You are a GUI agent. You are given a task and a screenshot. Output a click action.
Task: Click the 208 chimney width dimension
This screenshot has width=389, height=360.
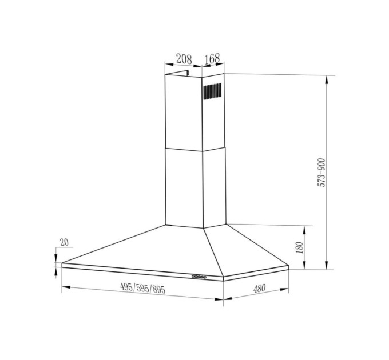tap(184, 58)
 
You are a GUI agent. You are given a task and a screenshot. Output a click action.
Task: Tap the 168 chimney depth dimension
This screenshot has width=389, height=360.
tap(212, 58)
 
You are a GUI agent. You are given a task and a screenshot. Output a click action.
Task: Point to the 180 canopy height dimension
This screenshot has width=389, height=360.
tap(299, 247)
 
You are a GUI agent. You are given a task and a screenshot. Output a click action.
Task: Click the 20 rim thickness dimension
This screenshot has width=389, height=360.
tap(63, 243)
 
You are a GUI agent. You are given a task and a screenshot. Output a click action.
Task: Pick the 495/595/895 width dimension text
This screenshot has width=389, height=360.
tap(143, 289)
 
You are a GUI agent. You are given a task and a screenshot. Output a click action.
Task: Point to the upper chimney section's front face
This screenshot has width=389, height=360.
tap(183, 111)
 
